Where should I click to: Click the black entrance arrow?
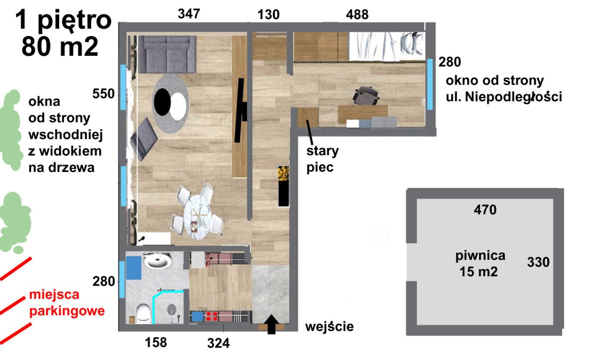pos(272,324)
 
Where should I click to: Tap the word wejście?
pos(329,327)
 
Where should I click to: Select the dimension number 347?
pos(189,13)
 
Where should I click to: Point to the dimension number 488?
pos(357,14)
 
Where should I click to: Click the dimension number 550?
pos(104,94)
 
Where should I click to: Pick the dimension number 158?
pos(156,343)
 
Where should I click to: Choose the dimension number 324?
pos(218,343)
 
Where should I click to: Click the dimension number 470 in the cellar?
pos(485,210)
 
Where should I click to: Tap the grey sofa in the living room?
pos(167,54)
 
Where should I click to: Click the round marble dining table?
pos(197,217)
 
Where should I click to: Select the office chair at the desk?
pos(366,96)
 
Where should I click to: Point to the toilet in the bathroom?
pos(144,313)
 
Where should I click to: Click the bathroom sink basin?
pos(157,261)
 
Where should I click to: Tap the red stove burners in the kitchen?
pos(212,317)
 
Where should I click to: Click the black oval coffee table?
pos(162,102)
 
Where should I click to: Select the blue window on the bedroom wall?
pos(430,84)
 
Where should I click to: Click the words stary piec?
pos(322,159)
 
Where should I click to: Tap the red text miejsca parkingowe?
pos(67,303)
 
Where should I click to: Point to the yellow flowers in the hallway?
pos(284,174)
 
